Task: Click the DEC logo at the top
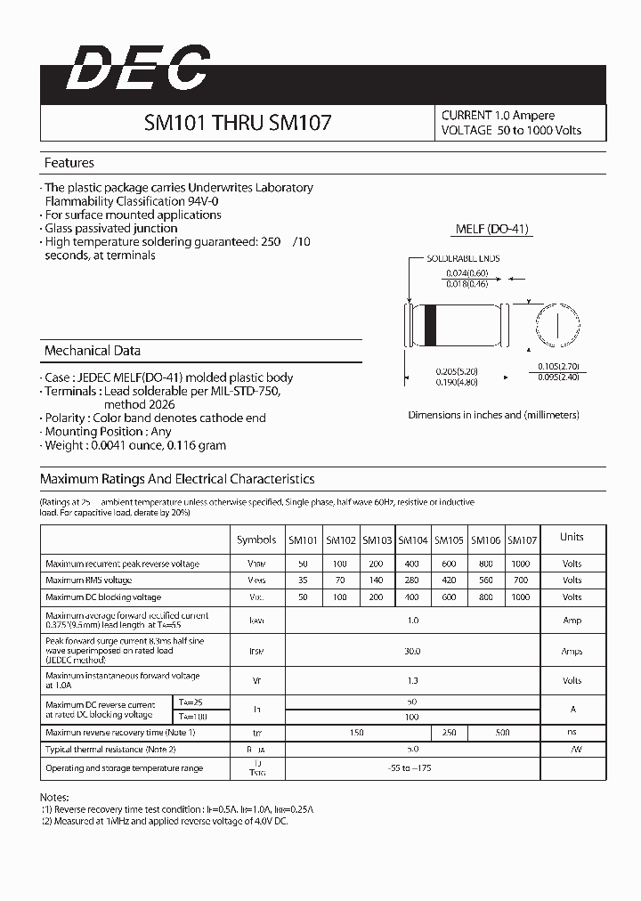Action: (138, 69)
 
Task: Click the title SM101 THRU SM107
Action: (238, 122)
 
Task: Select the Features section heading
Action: (69, 163)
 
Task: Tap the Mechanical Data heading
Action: (92, 351)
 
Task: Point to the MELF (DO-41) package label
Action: (491, 229)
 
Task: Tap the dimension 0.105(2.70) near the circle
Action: (558, 366)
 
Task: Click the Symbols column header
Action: (256, 540)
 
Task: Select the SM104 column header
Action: (413, 540)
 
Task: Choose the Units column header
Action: (572, 537)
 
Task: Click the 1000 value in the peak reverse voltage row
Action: (521, 564)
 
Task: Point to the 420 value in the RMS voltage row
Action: (449, 580)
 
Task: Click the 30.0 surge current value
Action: (412, 652)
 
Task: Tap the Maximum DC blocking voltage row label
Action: (103, 597)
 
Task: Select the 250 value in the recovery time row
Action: (449, 732)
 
